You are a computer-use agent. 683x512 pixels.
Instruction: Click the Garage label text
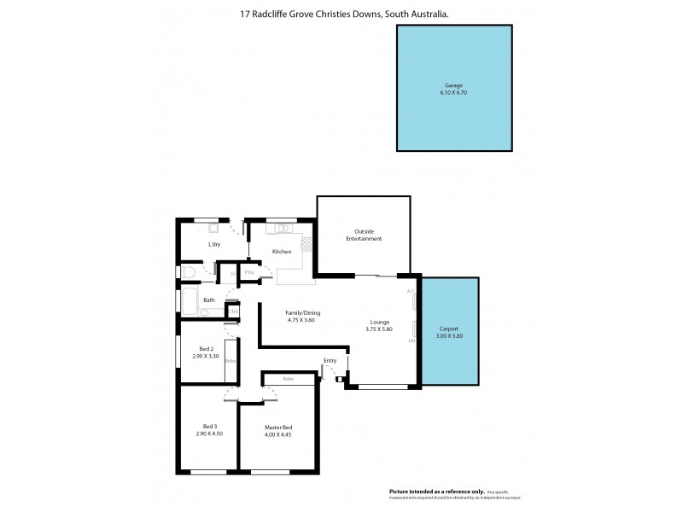453,86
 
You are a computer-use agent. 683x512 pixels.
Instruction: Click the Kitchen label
282,252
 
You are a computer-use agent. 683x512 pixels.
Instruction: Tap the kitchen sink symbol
281,228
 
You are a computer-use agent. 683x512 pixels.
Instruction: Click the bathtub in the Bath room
189,300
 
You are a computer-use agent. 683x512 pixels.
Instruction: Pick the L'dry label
215,245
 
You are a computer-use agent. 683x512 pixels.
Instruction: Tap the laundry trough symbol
214,228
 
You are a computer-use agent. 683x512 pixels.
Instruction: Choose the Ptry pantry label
249,272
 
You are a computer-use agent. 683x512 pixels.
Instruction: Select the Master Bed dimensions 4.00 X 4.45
278,433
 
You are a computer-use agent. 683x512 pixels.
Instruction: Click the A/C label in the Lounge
411,292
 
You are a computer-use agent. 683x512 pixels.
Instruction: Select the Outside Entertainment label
363,235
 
